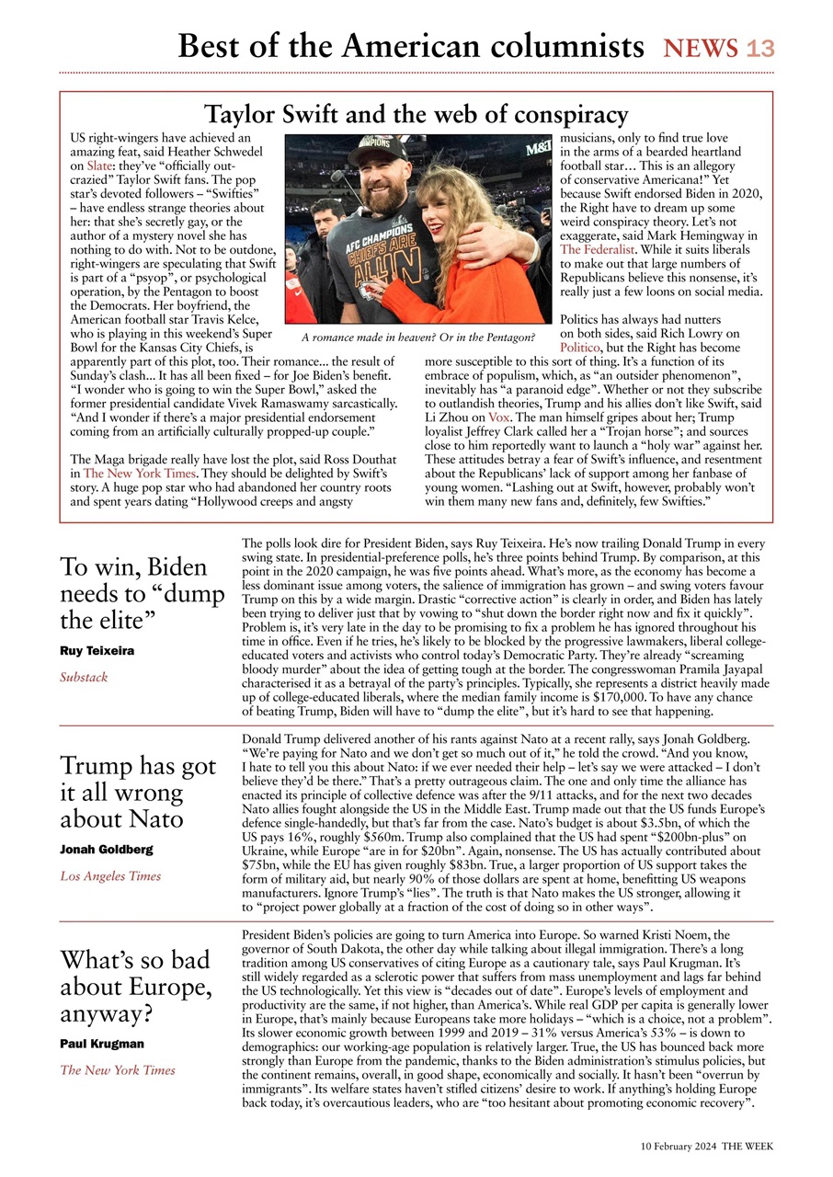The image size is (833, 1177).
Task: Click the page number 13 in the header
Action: (760, 48)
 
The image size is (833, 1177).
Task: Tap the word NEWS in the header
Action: (701, 48)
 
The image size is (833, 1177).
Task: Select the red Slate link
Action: (99, 166)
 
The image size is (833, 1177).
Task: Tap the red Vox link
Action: (499, 417)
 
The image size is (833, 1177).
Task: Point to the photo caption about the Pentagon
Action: (418, 338)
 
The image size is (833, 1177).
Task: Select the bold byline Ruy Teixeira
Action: (97, 651)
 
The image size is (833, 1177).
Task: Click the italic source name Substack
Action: (84, 677)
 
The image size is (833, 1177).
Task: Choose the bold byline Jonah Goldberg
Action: (106, 850)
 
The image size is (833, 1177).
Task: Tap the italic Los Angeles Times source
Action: (110, 876)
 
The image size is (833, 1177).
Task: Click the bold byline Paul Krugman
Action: (102, 1044)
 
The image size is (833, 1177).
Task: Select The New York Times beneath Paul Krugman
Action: (118, 1069)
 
